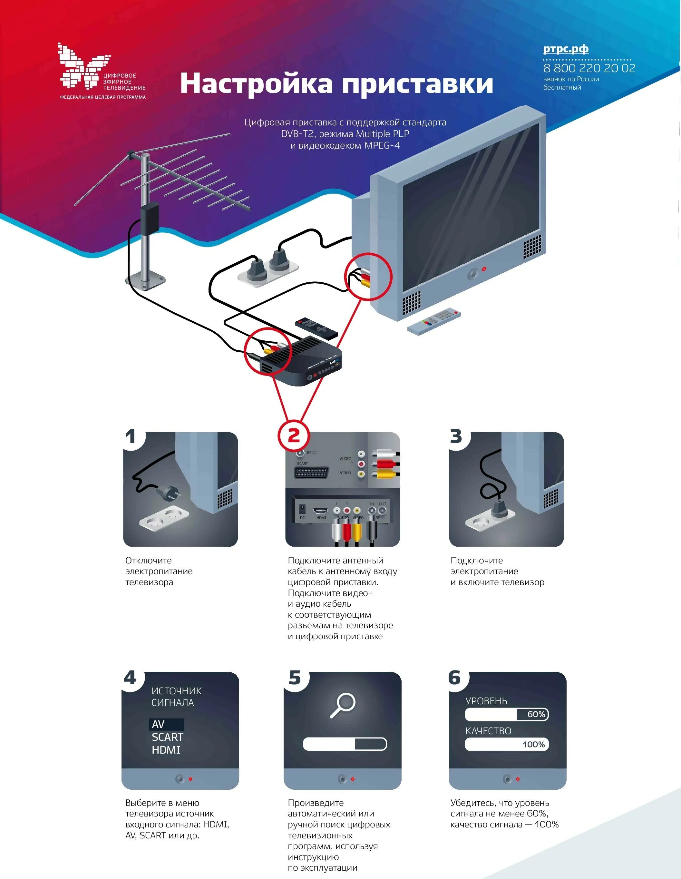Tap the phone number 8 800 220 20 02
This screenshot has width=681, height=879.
(x=589, y=68)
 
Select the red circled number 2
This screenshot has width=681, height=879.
(x=294, y=436)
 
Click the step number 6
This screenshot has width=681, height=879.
(x=454, y=678)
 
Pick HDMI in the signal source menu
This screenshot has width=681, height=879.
(x=166, y=750)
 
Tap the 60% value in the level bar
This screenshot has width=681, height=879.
(x=536, y=714)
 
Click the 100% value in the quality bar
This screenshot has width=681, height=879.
(x=533, y=745)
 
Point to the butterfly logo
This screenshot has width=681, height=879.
(x=83, y=66)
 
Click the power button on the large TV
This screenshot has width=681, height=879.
(x=472, y=275)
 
